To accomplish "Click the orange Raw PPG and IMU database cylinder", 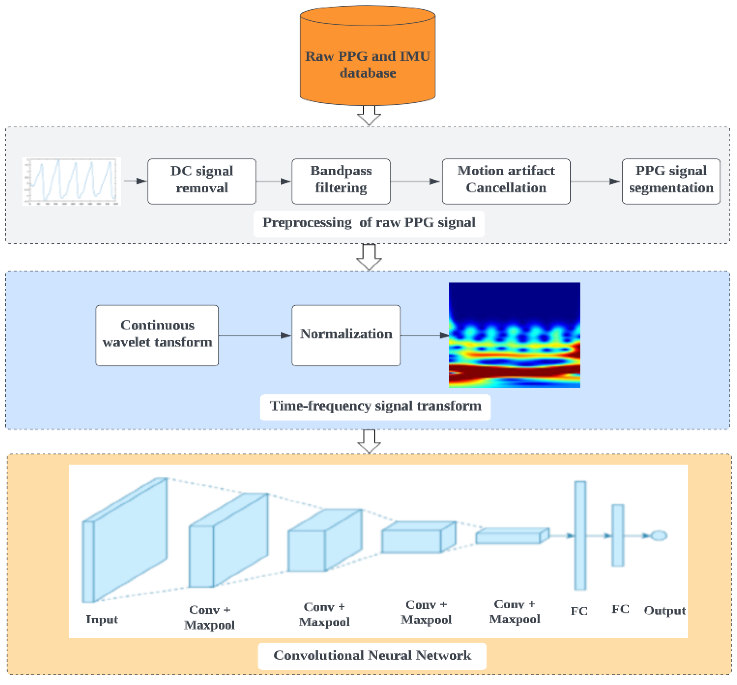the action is point(368,56).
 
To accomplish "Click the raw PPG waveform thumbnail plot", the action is point(72,181).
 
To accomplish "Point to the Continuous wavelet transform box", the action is point(157,335).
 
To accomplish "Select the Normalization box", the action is point(346,335).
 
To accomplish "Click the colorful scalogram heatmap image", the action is point(514,335).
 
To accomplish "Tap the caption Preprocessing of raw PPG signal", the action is point(369,222).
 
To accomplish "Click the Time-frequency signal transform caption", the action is point(375,406).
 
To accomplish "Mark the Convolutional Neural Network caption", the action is point(372,655).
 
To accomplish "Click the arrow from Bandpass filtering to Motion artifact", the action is point(415,181).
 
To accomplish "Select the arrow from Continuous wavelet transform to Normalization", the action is point(255,335).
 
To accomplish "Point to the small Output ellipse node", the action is point(659,536).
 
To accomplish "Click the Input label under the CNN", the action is point(102,619).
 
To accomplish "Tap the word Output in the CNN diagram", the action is point(665,610).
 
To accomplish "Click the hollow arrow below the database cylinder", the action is point(369,115).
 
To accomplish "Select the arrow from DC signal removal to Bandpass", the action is point(273,181).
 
